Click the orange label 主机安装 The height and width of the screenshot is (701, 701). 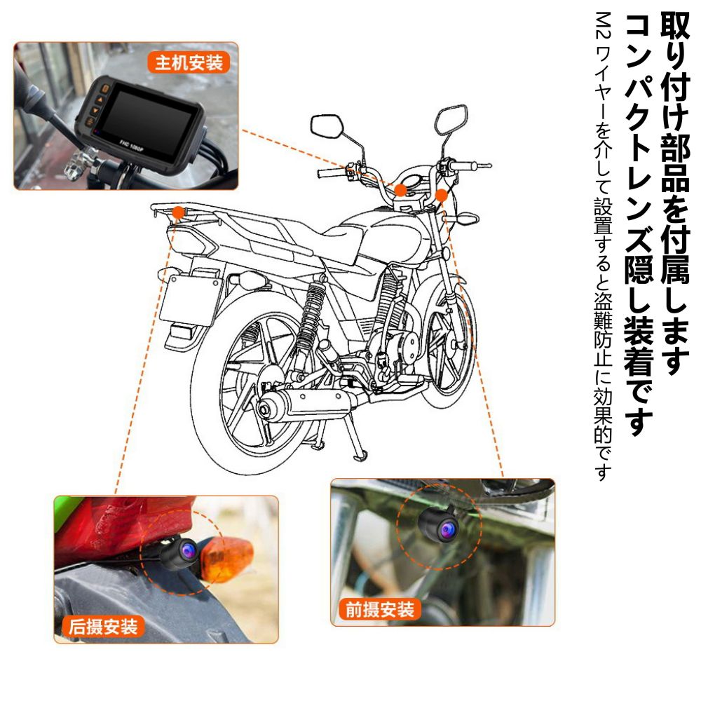(189, 62)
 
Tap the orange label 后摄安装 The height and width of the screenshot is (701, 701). (103, 626)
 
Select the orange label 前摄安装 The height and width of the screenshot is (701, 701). (380, 609)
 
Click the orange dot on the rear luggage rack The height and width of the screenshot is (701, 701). (178, 212)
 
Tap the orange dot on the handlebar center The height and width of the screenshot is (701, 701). (400, 191)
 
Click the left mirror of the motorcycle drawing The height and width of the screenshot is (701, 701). (327, 126)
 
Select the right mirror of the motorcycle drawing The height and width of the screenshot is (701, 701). (451, 118)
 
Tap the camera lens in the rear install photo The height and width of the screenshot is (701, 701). (188, 550)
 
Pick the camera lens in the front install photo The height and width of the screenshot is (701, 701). (447, 530)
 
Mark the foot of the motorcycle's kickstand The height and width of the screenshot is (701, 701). (360, 457)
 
